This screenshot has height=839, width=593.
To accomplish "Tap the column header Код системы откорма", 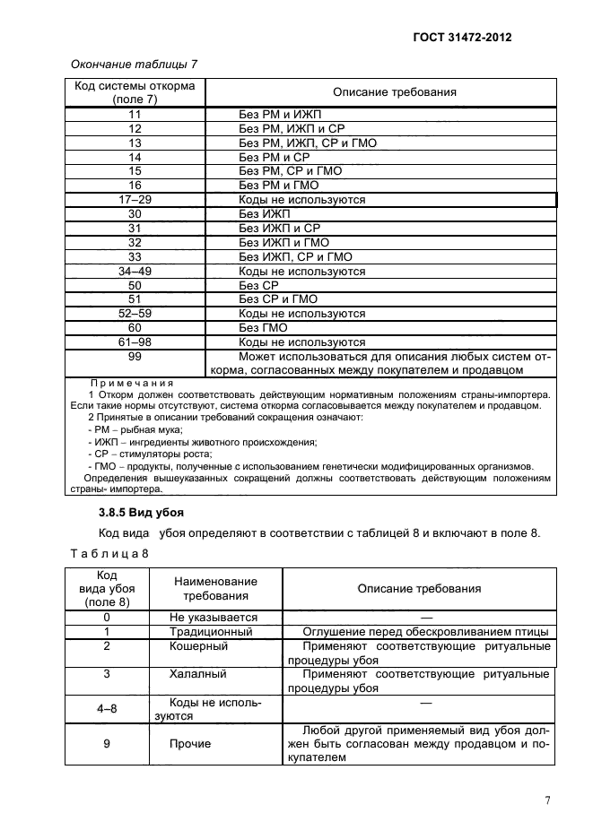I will [135, 92].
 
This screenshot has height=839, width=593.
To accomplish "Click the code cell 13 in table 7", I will [135, 143].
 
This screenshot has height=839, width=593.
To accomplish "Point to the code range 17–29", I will [135, 200].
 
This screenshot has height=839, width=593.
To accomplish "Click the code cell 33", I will [135, 256].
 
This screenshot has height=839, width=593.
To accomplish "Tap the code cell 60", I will [135, 328].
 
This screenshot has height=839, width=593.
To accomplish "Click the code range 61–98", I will [135, 342].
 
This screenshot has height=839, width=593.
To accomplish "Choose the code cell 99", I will [135, 357].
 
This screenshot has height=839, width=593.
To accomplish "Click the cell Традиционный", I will [211, 631].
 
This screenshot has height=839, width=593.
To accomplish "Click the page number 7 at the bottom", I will [547, 800].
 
